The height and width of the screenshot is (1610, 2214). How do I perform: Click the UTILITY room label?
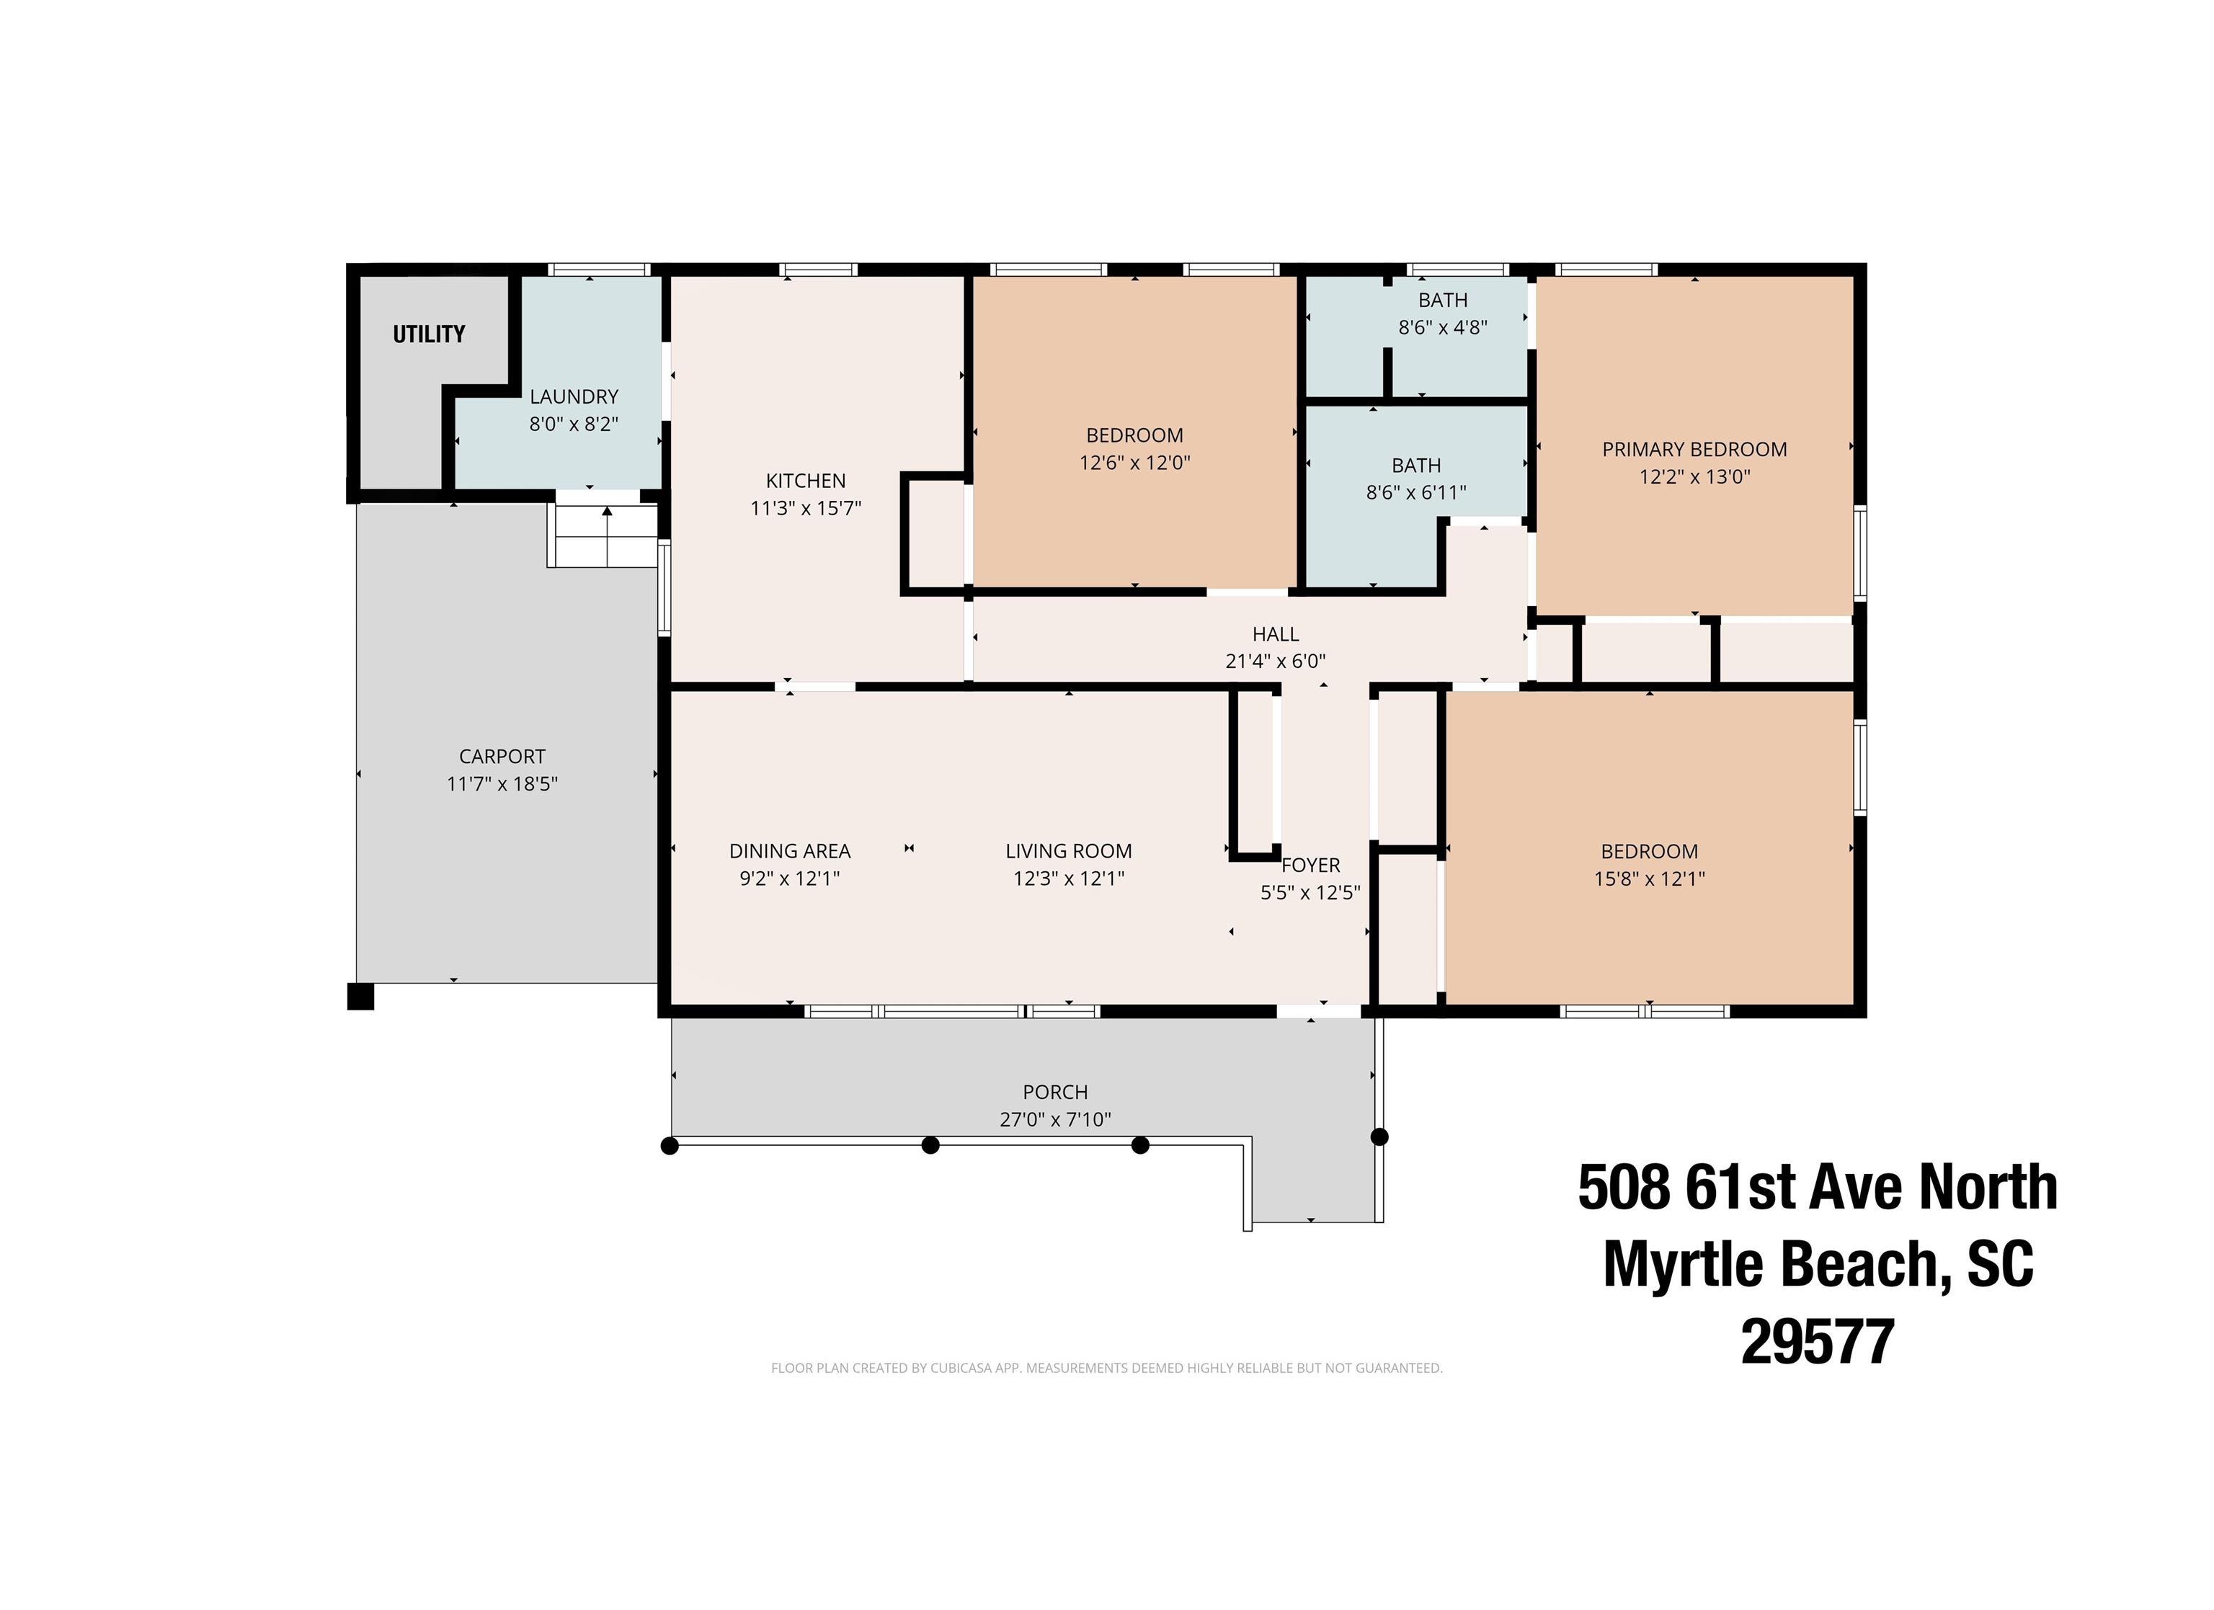point(429,334)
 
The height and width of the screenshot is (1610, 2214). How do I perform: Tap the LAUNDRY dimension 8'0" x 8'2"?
point(574,424)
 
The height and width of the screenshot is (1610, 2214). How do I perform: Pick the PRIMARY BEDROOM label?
point(1694,449)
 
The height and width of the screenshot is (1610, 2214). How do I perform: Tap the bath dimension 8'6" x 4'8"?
point(1443,327)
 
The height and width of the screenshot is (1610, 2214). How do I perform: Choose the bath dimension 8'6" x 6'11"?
point(1416,493)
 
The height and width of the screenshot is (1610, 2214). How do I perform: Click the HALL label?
point(1276,633)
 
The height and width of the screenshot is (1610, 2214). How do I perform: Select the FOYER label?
point(1310,865)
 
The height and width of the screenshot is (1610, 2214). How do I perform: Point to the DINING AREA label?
point(790,851)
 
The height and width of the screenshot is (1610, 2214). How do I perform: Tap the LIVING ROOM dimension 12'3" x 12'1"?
point(1069,879)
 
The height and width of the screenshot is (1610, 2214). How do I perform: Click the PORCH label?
point(1055,1093)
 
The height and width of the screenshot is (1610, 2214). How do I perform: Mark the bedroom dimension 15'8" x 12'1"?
point(1650,879)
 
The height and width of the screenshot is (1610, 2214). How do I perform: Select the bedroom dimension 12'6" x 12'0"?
point(1134,463)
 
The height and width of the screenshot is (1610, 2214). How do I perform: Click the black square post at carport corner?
point(360,997)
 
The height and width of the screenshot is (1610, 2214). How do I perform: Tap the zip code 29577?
point(1818,1340)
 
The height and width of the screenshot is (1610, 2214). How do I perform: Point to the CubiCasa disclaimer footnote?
point(1107,1368)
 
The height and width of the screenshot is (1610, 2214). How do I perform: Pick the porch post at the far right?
point(1379,1137)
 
